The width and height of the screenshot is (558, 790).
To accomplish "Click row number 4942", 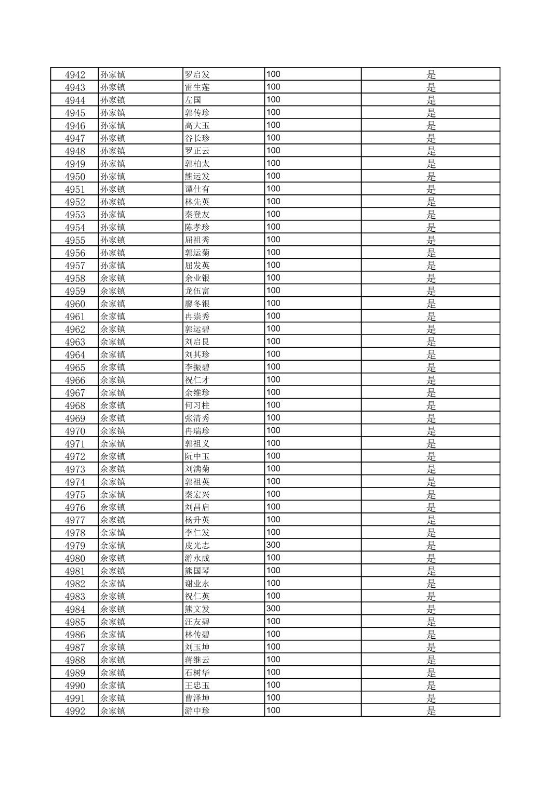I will click(75, 74).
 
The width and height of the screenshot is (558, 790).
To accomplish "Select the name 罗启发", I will click(197, 74).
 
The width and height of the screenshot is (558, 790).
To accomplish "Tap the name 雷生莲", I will click(197, 87).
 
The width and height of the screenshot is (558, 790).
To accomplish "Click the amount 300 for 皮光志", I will click(273, 545).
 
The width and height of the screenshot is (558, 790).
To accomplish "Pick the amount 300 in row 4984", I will click(273, 609).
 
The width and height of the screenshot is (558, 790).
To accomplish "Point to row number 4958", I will click(75, 278).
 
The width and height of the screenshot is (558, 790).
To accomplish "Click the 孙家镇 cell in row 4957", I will click(113, 266).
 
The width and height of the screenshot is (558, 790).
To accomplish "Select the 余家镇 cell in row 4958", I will click(113, 278).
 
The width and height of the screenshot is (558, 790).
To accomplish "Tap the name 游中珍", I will click(197, 710).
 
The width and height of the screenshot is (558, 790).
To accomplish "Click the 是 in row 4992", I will click(431, 710).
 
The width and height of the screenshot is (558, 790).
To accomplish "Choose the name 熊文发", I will click(197, 609).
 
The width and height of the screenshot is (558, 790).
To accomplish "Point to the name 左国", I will click(193, 100).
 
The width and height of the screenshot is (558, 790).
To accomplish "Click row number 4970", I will click(75, 431).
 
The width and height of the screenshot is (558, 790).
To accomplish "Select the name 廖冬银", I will click(197, 304).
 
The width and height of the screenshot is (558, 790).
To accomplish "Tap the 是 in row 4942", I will click(431, 74).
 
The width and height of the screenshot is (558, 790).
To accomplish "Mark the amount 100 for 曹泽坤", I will click(273, 697).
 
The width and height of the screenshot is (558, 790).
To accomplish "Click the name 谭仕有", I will click(197, 189).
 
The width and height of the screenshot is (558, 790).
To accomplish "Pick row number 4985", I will click(75, 622).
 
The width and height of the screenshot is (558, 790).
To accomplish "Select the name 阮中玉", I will click(197, 456).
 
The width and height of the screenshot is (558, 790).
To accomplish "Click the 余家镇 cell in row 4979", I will click(113, 545).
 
